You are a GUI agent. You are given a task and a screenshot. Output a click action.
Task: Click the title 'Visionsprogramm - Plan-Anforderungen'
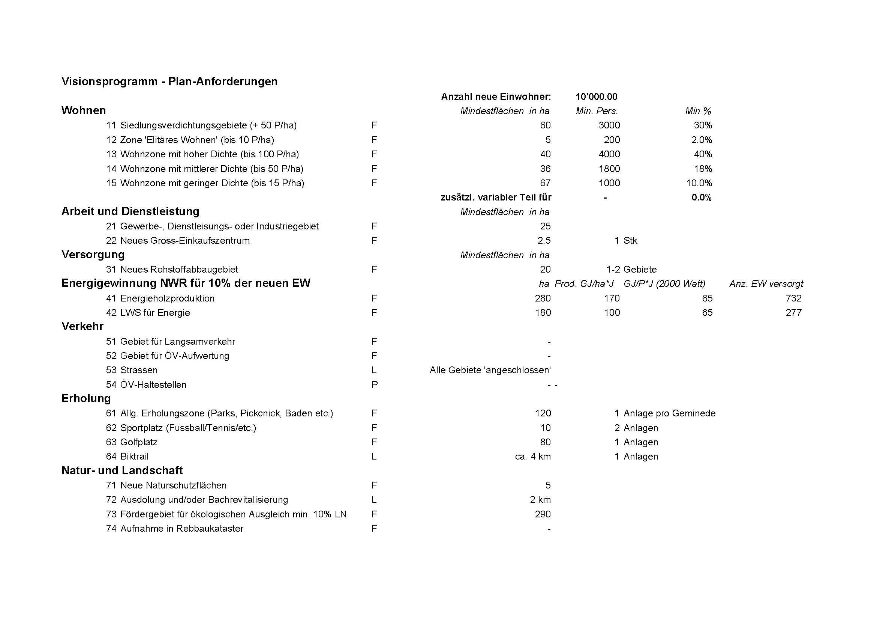(x=169, y=81)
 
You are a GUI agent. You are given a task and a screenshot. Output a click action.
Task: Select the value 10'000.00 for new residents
(x=596, y=97)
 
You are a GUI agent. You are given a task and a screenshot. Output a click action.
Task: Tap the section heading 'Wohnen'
(x=84, y=110)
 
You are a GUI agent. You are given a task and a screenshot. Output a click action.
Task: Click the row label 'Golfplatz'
(x=139, y=442)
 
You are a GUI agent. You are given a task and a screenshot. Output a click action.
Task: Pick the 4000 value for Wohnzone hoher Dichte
(x=609, y=154)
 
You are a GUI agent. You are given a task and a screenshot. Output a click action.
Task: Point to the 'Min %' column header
(x=698, y=111)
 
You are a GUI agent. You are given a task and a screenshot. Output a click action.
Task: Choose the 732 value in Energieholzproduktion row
(x=793, y=298)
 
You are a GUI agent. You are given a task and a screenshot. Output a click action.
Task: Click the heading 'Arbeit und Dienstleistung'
(x=130, y=211)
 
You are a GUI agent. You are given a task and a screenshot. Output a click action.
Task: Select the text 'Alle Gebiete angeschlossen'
(x=490, y=370)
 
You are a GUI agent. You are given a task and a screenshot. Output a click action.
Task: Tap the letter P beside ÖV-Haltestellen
(x=374, y=385)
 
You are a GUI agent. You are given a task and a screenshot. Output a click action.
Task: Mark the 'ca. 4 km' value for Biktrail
(x=532, y=457)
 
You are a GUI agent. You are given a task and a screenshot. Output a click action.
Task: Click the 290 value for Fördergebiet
(x=543, y=514)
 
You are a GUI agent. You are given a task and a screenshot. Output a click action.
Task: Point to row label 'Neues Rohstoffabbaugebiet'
(x=179, y=270)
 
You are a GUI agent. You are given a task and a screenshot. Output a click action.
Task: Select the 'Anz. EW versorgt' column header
(x=766, y=284)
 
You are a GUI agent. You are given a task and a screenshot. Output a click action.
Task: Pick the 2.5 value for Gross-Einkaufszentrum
(x=544, y=241)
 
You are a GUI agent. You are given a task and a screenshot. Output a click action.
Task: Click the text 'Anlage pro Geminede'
(x=669, y=413)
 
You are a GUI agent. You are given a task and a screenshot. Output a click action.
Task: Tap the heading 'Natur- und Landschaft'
(x=122, y=470)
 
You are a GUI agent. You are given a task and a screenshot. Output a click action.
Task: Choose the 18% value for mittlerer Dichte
(x=703, y=169)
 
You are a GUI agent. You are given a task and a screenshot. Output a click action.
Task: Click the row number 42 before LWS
(x=111, y=313)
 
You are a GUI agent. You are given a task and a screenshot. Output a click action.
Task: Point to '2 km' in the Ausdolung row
(x=540, y=500)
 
